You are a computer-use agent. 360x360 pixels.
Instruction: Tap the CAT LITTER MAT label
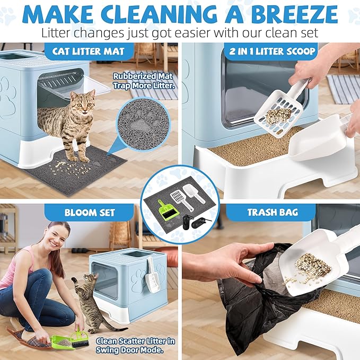[x=89, y=52]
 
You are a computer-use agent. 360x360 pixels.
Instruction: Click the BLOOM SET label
[x=89, y=213]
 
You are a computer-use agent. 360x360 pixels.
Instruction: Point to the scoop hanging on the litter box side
[x=153, y=276]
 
